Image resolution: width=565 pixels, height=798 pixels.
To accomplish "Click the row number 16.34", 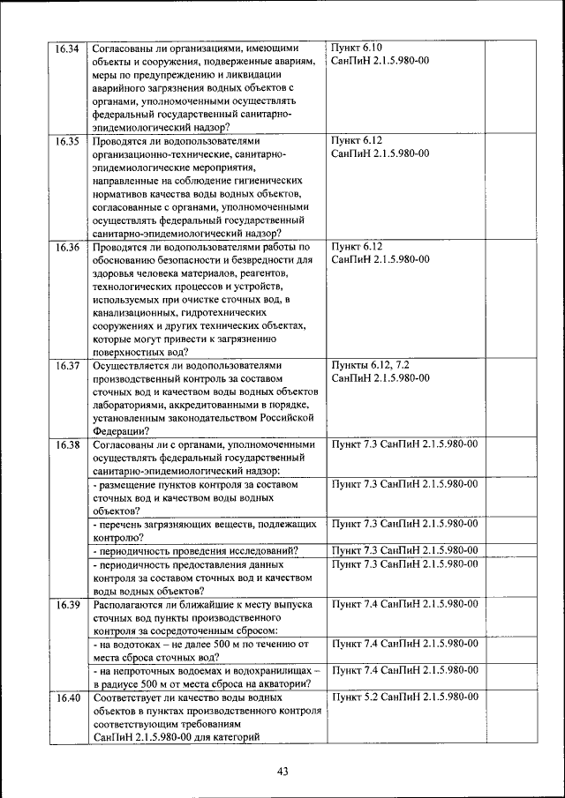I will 67,48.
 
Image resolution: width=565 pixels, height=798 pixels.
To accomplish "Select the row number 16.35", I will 67,141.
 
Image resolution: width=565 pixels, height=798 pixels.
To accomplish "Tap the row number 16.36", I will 67,248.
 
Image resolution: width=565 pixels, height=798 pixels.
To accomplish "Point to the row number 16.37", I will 67,365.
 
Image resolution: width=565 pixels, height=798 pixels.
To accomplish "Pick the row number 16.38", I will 67,444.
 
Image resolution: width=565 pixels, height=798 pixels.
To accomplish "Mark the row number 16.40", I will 67,697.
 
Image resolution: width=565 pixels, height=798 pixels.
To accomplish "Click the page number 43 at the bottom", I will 282,772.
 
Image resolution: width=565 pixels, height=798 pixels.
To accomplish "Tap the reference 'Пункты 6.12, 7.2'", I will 370,365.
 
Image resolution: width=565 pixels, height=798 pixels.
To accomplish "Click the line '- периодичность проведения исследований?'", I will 195,551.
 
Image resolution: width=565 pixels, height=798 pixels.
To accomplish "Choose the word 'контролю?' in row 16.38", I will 117,537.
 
